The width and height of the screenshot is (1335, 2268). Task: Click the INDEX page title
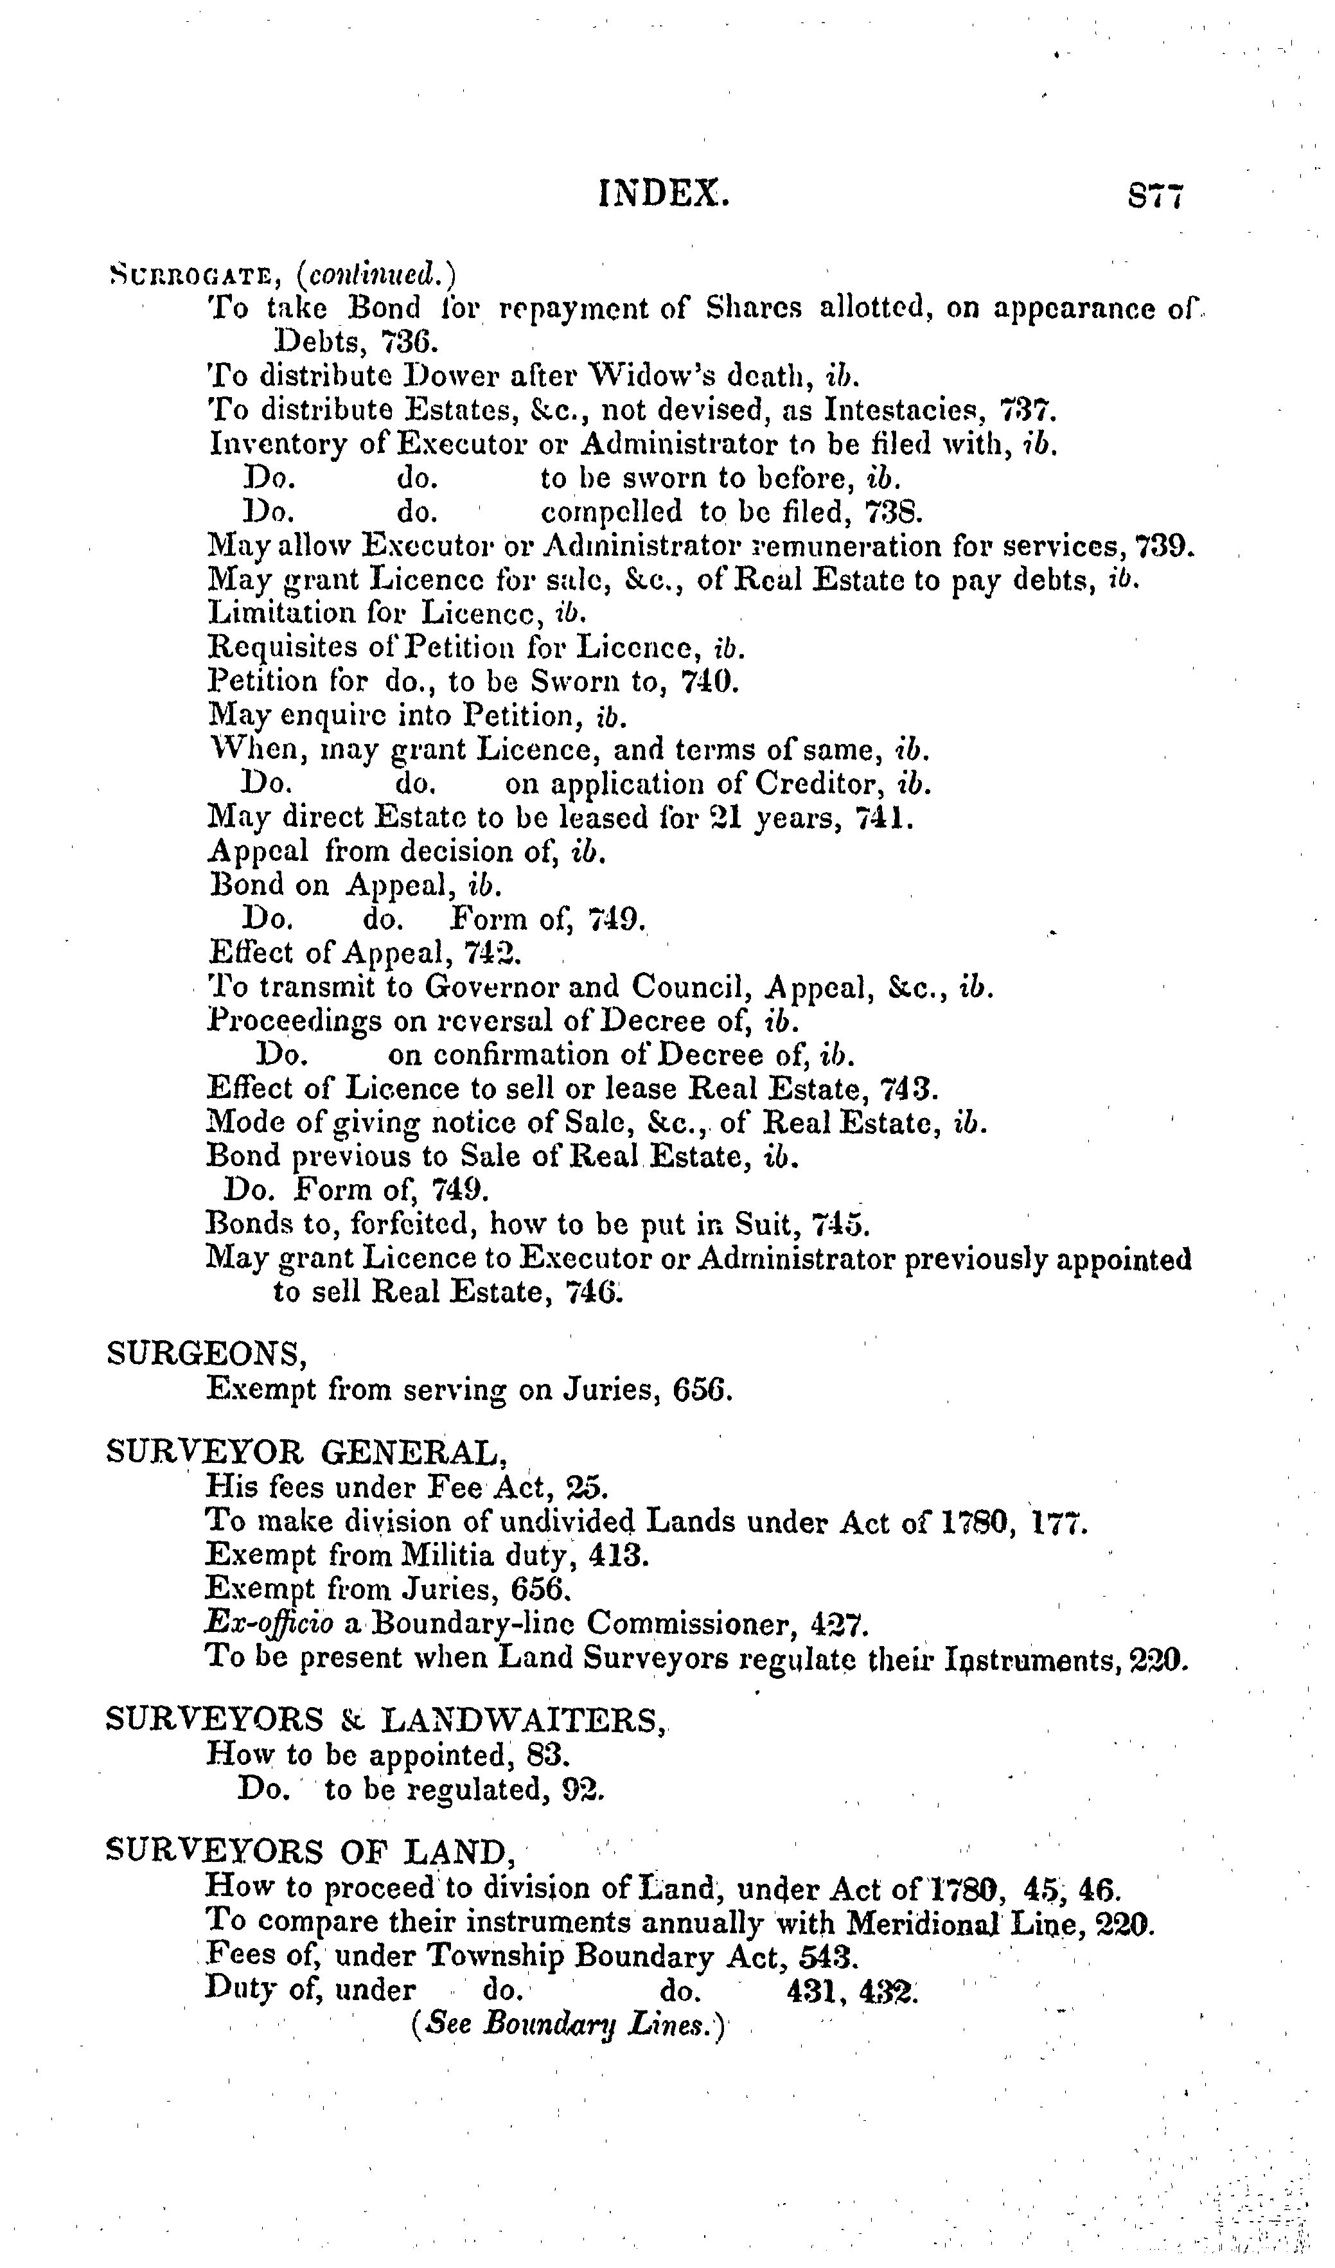(664, 193)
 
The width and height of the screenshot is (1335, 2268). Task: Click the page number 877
(1155, 195)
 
